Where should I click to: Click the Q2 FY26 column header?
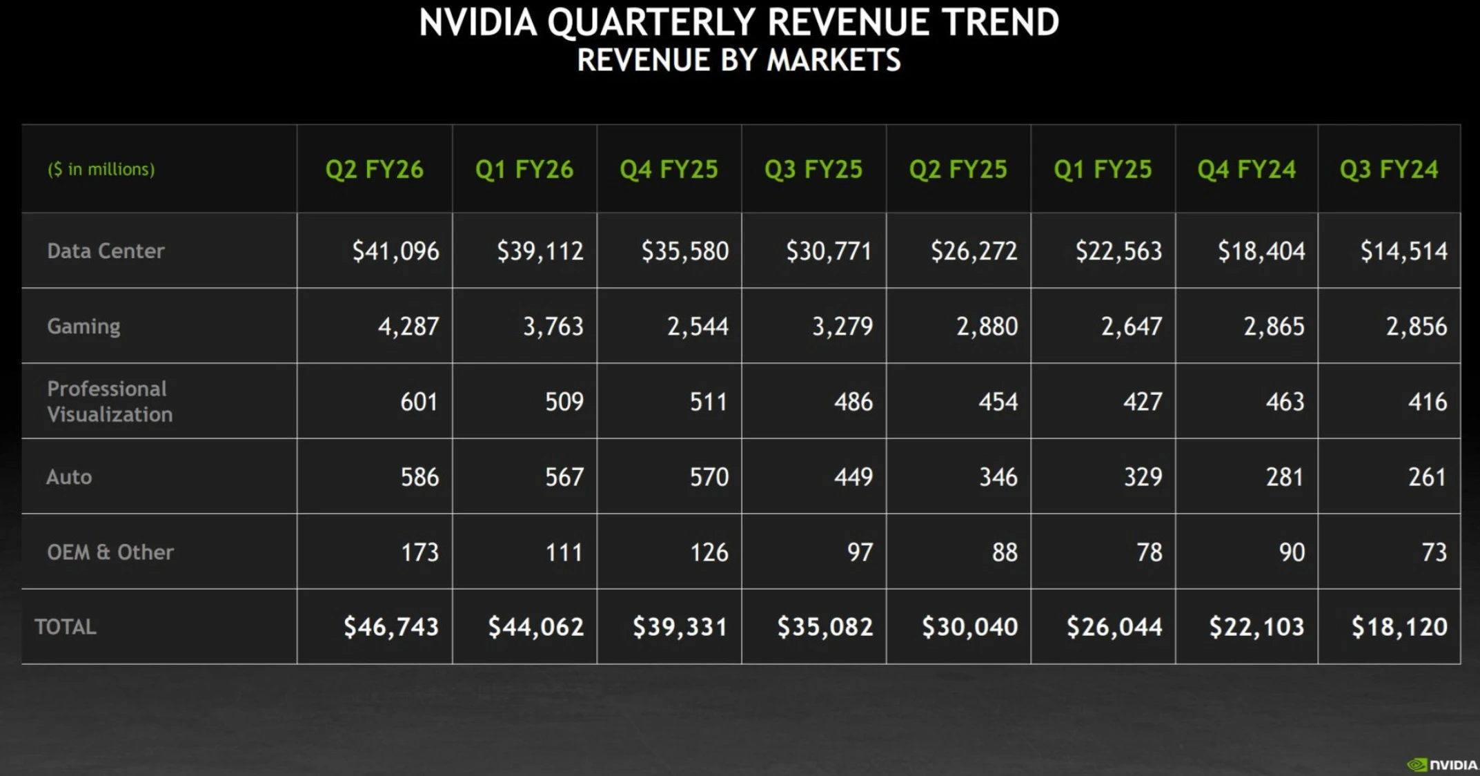374,169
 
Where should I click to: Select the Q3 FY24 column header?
1388,169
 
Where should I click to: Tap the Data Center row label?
106,251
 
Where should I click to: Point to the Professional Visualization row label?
110,401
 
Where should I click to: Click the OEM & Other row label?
110,552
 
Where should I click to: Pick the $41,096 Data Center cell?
395,251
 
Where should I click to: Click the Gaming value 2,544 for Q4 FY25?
697,326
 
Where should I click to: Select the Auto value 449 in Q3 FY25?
853,476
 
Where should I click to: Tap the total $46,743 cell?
391,627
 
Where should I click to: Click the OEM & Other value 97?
860,552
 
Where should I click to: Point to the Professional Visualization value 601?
419,401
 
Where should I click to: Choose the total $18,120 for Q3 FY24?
1399,627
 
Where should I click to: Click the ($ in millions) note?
101,169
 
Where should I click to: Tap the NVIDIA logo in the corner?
1442,764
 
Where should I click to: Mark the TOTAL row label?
66,627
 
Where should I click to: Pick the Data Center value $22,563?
1118,251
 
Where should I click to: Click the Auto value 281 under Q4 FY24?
1284,476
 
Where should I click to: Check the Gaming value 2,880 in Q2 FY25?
987,326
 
